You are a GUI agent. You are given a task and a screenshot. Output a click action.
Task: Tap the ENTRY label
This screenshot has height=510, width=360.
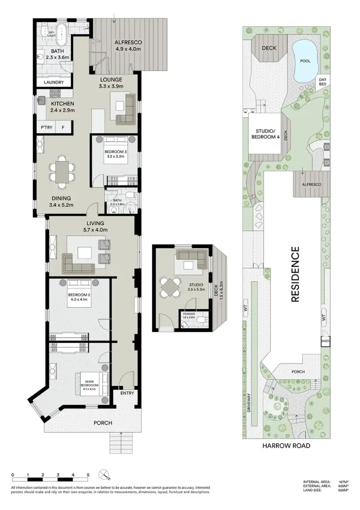[127, 393]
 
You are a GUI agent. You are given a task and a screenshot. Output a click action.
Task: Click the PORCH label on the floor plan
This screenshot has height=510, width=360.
[103, 423]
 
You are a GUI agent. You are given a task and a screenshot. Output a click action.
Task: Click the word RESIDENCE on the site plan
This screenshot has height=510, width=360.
[295, 274]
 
